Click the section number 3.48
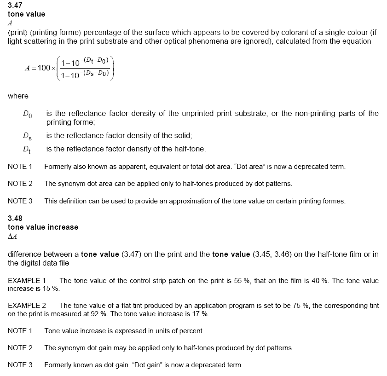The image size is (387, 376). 15,219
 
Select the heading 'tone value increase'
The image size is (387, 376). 43,227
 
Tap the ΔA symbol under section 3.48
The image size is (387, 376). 12,236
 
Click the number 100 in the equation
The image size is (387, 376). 44,68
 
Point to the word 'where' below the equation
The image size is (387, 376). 18,96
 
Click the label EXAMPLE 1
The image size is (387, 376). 27,281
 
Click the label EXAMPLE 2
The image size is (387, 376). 27,306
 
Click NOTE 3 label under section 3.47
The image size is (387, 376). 20,201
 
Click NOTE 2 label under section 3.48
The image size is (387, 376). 20,348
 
